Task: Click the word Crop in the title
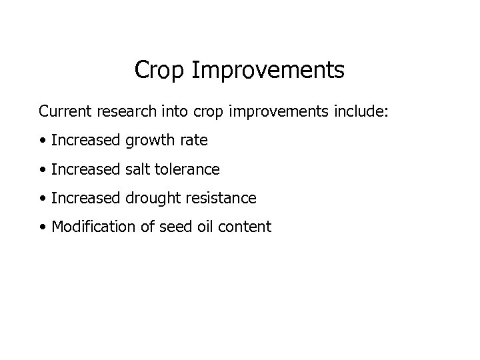tap(161, 70)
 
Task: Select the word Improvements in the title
tap(269, 70)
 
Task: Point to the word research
tap(124, 110)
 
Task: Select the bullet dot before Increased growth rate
tap(43, 141)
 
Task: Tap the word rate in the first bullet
tap(193, 140)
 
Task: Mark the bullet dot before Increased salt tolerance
tap(43, 170)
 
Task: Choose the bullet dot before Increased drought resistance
tap(43, 199)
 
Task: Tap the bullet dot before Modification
tap(43, 227)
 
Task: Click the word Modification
tap(93, 227)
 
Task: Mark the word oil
tap(205, 227)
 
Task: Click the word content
tap(245, 227)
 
